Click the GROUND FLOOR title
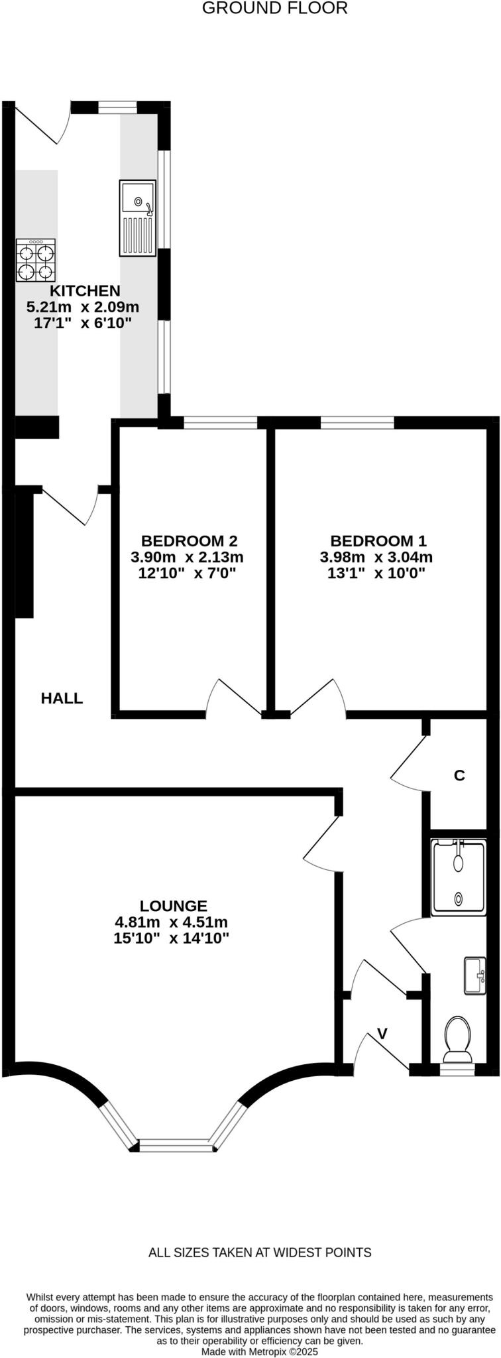[x=274, y=9]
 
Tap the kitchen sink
[x=138, y=218]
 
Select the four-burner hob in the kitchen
[x=36, y=261]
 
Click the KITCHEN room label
[x=85, y=290]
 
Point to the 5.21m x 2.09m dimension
[x=83, y=307]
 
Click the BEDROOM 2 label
[x=189, y=540]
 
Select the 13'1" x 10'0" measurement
[x=376, y=574]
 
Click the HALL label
[x=62, y=698]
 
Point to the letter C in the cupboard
[x=459, y=775]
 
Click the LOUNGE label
[x=174, y=906]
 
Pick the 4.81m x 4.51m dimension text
[x=172, y=922]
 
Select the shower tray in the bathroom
[x=458, y=877]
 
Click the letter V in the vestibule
[x=382, y=1033]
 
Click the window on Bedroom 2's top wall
[x=220, y=422]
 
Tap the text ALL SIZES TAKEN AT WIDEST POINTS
[x=260, y=1253]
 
